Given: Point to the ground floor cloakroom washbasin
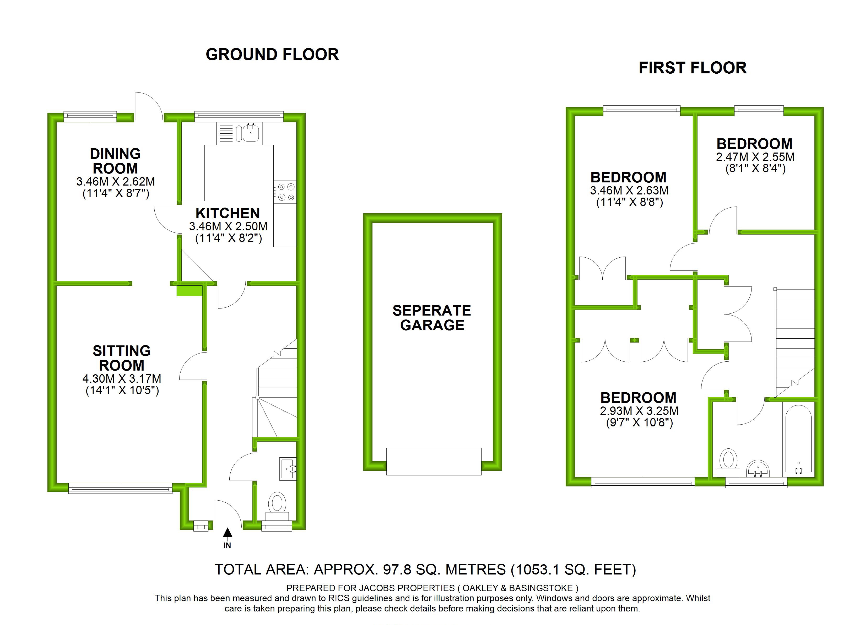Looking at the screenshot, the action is click(287, 468).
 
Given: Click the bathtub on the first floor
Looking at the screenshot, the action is click(798, 439).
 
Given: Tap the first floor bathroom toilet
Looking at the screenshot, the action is click(728, 462).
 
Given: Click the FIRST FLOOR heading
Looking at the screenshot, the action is click(692, 68).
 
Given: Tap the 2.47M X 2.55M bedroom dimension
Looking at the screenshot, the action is click(755, 157).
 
